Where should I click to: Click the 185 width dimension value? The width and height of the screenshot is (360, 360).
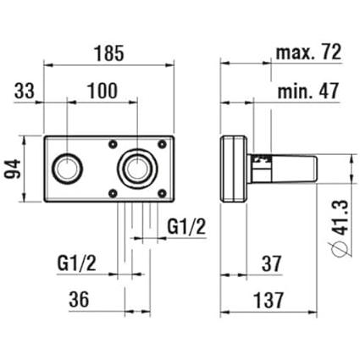tap(108, 53)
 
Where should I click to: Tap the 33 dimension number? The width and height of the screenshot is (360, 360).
tap(25, 91)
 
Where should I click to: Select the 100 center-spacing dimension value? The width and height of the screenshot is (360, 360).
tap(102, 91)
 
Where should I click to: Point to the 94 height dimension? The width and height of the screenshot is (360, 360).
tap(14, 169)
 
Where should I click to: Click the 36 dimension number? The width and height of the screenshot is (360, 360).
tap(79, 299)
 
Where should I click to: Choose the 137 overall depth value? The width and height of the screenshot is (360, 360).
tap(269, 300)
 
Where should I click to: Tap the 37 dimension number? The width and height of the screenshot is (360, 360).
tap(272, 263)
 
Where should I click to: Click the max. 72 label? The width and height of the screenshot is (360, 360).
tap(308, 52)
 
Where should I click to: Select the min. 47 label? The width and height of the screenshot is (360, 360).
tap(308, 91)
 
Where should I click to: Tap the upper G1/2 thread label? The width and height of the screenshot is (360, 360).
tap(186, 227)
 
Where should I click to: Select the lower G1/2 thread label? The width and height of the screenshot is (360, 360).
tap(77, 263)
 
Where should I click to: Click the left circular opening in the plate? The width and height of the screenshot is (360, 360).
tap(67, 169)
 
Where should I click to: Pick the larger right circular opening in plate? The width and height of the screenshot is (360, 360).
tap(137, 169)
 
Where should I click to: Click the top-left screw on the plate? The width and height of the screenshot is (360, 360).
tap(113, 144)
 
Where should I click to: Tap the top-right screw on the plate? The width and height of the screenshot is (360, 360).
tap(162, 144)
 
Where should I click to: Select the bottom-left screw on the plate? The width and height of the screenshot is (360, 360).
tap(113, 193)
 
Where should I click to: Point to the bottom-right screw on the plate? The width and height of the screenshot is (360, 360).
tap(162, 193)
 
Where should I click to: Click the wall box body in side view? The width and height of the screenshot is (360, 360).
tap(234, 169)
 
